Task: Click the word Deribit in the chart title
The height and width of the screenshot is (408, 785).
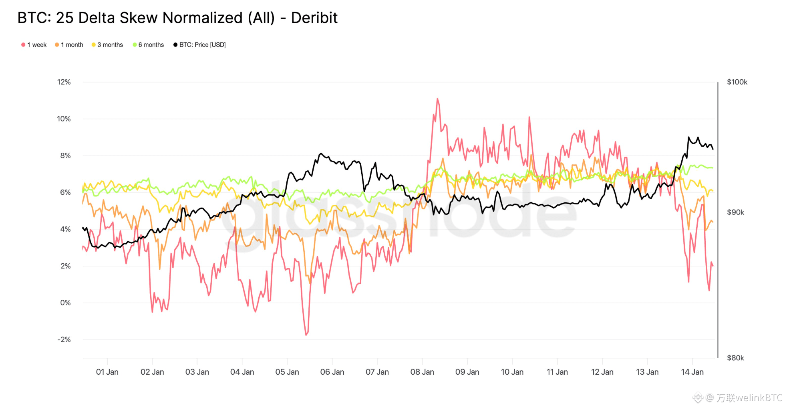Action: coord(314,18)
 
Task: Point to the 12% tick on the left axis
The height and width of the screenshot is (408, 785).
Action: coord(64,82)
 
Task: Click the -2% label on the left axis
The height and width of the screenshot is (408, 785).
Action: coord(64,339)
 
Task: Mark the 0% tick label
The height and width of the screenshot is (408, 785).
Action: coord(65,303)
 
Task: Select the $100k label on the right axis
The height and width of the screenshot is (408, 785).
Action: coord(737,82)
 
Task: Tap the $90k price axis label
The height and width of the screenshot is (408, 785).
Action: coord(735,212)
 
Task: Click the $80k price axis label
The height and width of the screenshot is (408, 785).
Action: coord(735,358)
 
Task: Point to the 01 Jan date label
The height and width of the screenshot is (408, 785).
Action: coord(107,372)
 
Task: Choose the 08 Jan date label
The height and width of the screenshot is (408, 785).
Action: coord(422,372)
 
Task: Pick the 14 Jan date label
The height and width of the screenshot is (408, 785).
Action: coord(692,372)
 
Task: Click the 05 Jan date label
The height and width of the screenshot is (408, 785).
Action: coord(287,372)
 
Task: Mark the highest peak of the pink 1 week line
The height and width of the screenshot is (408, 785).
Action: coord(437,99)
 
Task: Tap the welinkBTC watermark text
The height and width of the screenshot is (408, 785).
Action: coord(749,398)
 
